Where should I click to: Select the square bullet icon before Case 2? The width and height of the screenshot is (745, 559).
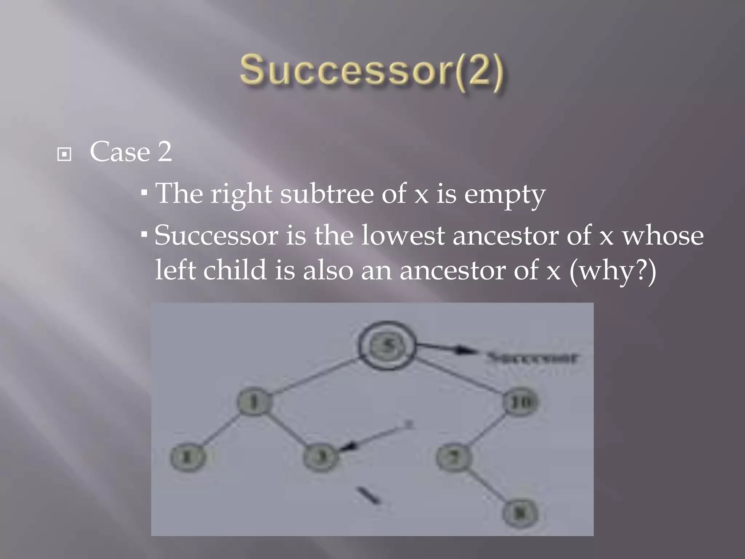(64, 155)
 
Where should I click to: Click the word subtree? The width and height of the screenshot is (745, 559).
(327, 194)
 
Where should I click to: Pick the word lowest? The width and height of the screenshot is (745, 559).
(403, 236)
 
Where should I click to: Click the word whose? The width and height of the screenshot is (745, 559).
(663, 236)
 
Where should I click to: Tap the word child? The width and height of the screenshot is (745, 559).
(235, 270)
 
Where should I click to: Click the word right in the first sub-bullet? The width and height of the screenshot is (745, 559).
(242, 194)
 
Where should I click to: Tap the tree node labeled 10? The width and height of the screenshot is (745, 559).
(521, 402)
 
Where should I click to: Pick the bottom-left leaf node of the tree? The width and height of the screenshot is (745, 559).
(188, 457)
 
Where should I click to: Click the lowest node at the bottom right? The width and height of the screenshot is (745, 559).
(520, 513)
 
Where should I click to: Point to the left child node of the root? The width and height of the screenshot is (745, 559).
(254, 402)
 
